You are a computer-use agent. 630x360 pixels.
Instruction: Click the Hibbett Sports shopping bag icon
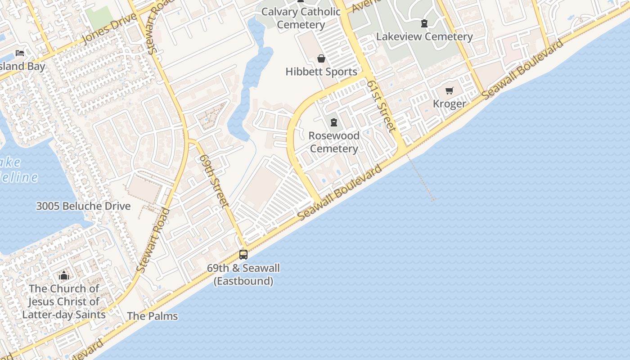321,58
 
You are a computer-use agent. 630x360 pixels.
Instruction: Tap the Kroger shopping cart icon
449,91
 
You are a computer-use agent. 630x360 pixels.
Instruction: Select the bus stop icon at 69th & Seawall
243,255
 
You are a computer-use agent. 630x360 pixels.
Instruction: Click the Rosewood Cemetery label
334,142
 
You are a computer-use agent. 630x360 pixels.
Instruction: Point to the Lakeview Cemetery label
424,36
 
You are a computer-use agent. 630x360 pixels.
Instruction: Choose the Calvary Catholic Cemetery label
301,18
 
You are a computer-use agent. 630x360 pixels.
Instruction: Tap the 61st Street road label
381,106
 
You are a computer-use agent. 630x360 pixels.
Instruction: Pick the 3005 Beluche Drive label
83,206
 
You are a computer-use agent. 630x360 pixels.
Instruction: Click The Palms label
152,316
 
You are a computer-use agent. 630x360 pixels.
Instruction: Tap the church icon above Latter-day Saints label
64,275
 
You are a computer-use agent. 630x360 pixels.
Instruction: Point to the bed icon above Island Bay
20,53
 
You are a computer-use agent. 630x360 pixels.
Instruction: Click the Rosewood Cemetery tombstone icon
334,122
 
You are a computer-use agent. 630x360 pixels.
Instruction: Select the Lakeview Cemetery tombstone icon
424,23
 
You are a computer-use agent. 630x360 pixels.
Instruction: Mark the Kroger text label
449,104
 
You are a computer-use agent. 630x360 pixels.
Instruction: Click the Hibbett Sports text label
321,72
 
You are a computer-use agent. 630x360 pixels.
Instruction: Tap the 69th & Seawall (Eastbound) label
243,274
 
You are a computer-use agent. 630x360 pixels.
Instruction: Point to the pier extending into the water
420,178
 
